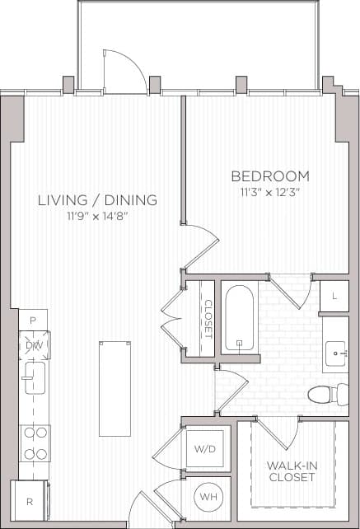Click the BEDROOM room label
point(270,176)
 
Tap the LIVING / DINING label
point(97,200)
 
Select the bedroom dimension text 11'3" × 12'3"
point(270,193)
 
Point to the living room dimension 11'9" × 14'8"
point(97,216)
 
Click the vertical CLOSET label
point(207,318)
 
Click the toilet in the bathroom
point(326,394)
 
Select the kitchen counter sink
point(35,381)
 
